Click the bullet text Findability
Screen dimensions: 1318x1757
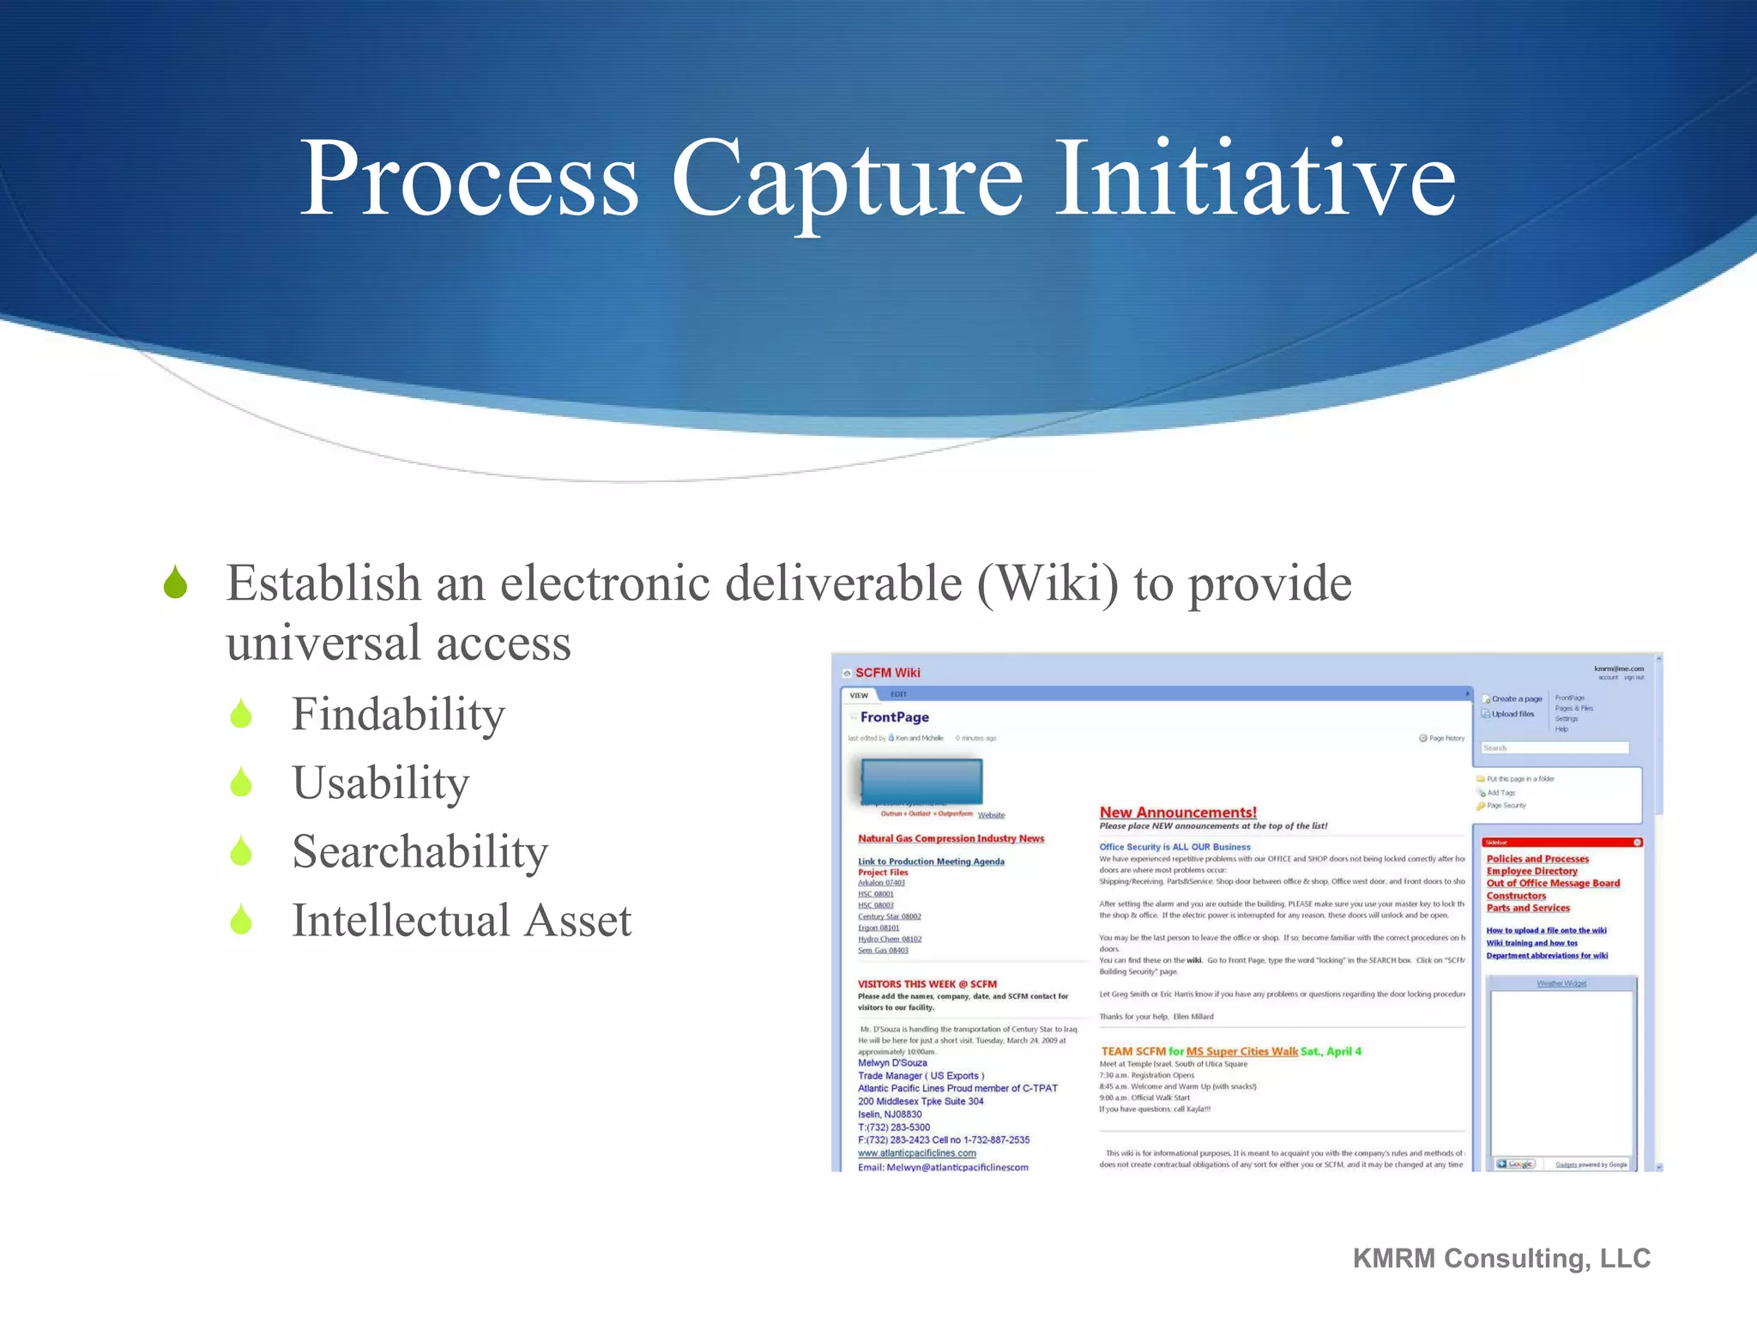point(398,714)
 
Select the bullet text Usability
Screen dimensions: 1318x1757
point(381,783)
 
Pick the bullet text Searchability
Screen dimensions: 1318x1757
point(420,852)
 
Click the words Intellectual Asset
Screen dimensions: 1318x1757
point(462,921)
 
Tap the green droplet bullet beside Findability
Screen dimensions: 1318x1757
point(241,715)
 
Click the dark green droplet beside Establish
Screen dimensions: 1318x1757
point(176,583)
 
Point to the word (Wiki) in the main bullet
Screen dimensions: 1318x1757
point(1047,583)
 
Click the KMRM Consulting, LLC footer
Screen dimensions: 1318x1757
point(1501,1258)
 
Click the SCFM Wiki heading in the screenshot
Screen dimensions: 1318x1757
point(887,673)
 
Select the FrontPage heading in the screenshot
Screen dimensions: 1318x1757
point(894,717)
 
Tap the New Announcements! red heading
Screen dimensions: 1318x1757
point(1178,812)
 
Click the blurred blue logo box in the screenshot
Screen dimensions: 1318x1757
point(921,781)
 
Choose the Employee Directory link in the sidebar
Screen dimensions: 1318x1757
point(1531,871)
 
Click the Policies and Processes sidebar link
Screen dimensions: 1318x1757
point(1537,859)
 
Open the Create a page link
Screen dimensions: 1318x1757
point(1516,699)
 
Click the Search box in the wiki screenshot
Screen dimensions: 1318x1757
point(1555,748)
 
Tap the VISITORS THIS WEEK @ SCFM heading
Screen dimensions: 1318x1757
point(927,984)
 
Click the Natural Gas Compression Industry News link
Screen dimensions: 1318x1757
point(951,838)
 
